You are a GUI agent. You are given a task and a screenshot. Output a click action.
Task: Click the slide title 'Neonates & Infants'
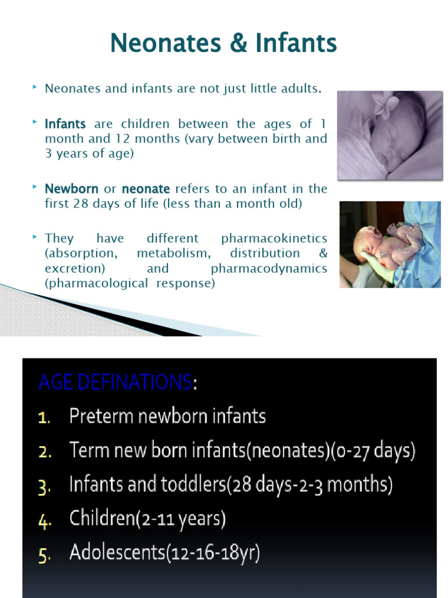223,43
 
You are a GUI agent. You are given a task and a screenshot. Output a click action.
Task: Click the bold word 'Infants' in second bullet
65,124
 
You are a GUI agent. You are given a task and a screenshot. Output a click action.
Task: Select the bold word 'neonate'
146,189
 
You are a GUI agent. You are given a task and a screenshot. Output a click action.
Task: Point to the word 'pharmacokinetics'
274,238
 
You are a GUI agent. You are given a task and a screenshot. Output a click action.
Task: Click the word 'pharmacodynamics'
269,269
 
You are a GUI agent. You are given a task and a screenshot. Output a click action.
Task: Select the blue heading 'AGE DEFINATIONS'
115,383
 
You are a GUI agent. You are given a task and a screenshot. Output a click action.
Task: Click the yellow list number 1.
44,418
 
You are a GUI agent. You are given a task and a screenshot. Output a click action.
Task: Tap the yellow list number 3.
44,486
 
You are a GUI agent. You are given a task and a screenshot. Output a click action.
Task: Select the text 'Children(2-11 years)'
147,519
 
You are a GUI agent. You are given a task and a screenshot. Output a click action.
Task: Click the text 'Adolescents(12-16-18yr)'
164,553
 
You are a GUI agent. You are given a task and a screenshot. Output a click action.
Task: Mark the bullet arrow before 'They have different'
35,237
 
